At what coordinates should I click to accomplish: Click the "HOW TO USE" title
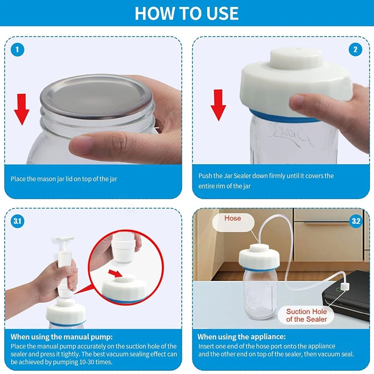[187, 13]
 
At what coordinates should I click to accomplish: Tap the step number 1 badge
[17, 50]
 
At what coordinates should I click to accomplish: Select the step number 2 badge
[355, 50]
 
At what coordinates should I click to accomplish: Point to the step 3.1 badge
[17, 221]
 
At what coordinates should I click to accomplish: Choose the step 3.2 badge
[356, 221]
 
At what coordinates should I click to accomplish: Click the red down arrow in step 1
[22, 109]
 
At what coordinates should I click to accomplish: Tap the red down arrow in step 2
[218, 105]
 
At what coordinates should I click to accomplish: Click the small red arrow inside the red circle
[115, 273]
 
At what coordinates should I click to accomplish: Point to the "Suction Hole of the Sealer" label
[307, 315]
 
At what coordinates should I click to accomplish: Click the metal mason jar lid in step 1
[96, 96]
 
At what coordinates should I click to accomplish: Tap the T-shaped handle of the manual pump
[65, 239]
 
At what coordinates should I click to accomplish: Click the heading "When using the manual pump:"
[62, 337]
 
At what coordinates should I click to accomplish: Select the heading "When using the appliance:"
[241, 337]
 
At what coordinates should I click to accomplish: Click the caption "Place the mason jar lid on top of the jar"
[64, 179]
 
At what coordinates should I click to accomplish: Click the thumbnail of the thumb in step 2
[296, 101]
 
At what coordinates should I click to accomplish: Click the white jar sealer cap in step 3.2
[259, 257]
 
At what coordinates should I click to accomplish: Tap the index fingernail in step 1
[81, 144]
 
